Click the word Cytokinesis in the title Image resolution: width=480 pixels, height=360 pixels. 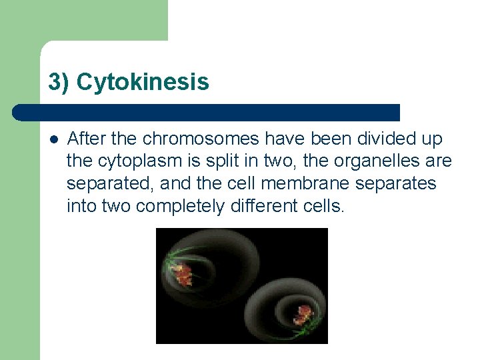[143, 82]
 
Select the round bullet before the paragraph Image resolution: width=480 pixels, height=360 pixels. [53, 139]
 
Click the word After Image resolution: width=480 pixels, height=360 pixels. [83, 139]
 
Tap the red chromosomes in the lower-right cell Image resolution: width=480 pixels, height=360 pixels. [303, 313]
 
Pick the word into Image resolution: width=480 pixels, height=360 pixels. [81, 206]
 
